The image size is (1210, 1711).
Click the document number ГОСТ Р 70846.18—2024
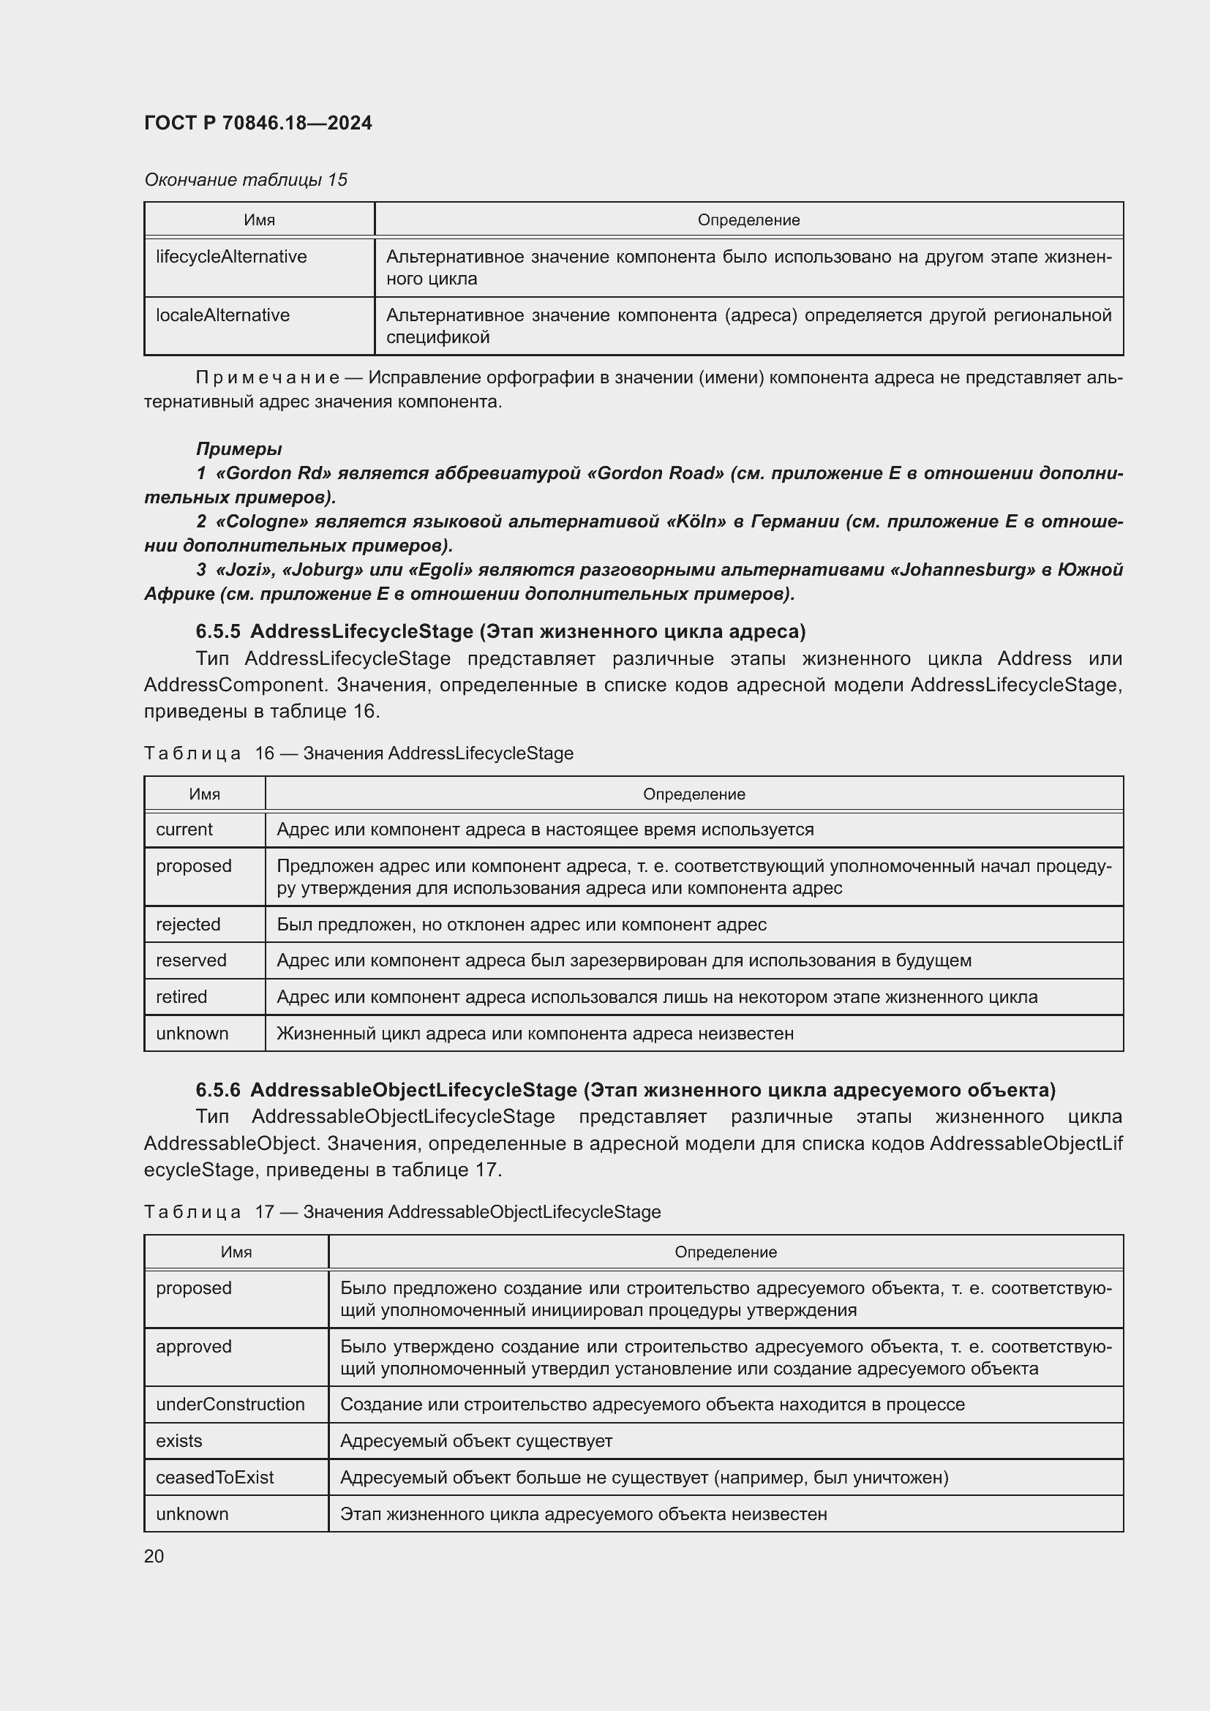pos(258,124)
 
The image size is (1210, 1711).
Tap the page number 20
pos(154,1556)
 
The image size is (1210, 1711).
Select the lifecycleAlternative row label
pos(231,257)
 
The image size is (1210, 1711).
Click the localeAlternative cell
pos(222,315)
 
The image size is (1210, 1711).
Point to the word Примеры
pos(238,448)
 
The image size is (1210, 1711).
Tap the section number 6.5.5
pos(217,632)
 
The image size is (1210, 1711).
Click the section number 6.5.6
pos(217,1090)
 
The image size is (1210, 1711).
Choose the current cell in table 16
pos(184,830)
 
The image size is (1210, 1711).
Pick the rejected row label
pos(188,925)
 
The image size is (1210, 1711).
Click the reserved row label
pos(191,960)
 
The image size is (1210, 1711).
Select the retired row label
pos(181,997)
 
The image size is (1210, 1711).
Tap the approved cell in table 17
pos(194,1347)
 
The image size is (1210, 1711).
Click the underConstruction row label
pos(230,1404)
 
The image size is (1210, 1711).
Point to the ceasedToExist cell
pos(214,1478)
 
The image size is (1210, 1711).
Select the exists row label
pos(179,1441)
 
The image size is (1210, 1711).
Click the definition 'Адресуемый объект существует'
pos(476,1441)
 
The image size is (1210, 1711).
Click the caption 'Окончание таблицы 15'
pos(245,180)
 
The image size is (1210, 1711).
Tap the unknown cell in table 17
pos(192,1514)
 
